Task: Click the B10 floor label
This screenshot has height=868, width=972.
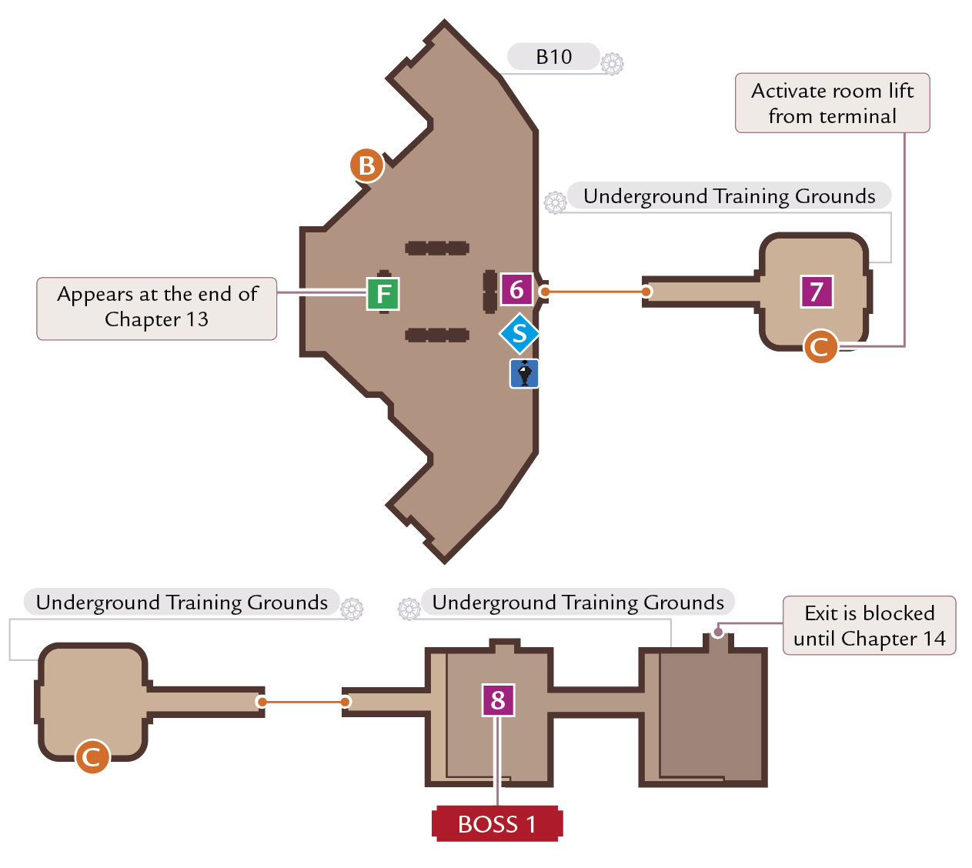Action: (553, 57)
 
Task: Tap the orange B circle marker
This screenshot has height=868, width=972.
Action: (367, 165)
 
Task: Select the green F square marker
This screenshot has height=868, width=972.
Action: (382, 294)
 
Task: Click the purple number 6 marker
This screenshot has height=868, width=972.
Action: (516, 289)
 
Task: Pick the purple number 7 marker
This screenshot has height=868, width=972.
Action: (817, 291)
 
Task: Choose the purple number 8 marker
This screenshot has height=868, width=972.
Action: (498, 700)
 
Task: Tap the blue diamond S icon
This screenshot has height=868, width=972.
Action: (519, 333)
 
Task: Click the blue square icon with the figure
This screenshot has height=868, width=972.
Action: (524, 373)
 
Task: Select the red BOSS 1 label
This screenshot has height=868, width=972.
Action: (497, 824)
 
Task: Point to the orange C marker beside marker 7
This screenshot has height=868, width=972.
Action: (820, 346)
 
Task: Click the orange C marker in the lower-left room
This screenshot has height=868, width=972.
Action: (92, 756)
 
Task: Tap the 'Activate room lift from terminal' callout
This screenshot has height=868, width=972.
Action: (833, 102)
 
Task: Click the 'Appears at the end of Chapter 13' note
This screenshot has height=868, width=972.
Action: (157, 309)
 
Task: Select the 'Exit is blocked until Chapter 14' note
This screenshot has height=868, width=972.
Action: (870, 625)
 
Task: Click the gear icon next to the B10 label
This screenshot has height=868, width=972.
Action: (612, 64)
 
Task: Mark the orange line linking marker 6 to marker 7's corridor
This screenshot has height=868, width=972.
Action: (596, 291)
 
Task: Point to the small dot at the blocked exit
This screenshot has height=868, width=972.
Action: (718, 632)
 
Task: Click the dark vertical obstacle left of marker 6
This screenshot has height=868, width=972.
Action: (489, 292)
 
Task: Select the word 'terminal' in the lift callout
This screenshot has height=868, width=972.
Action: (857, 116)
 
